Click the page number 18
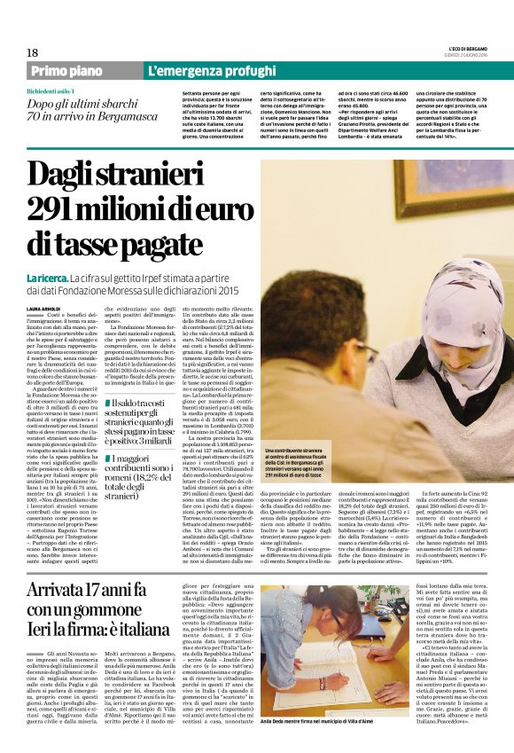32,53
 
